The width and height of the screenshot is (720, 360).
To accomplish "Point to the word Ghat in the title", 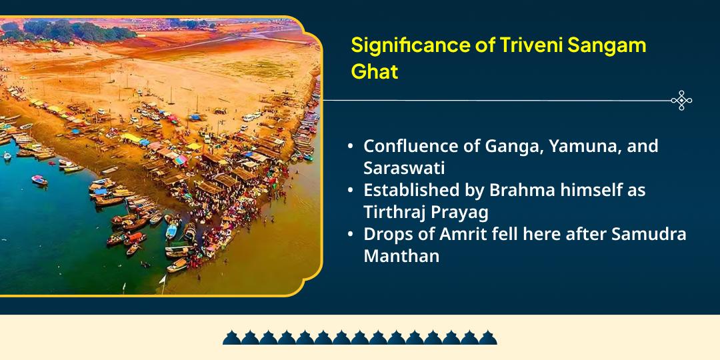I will [x=374, y=72].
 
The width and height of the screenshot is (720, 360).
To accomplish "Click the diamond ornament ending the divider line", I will [x=681, y=101].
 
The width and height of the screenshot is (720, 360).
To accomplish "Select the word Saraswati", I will [x=404, y=167].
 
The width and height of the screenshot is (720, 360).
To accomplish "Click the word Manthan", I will [x=401, y=255].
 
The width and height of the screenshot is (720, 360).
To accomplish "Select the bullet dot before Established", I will [x=351, y=191].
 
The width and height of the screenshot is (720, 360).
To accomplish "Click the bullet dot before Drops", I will [x=351, y=235].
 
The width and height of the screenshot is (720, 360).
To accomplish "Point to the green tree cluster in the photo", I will [x=67, y=29].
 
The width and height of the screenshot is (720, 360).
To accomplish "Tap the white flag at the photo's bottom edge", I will [x=161, y=280].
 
